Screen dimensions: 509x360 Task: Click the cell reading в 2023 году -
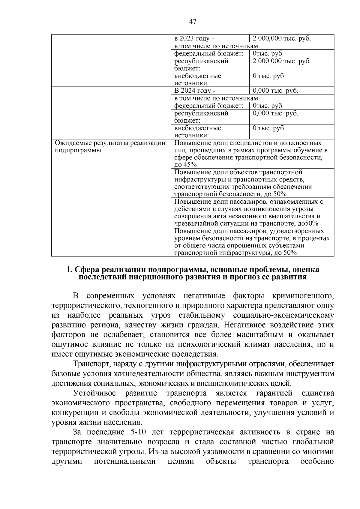click(194, 39)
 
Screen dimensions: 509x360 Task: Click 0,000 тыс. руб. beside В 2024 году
click(275, 91)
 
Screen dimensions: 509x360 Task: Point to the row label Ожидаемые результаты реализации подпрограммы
click(110, 147)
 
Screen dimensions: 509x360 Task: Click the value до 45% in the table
click(185, 165)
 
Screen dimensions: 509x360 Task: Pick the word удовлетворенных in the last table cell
click(297, 231)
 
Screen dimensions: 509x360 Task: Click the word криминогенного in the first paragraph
click(303, 296)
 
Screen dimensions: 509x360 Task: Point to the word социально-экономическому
click(283, 316)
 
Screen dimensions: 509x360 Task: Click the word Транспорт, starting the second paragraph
click(89, 364)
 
